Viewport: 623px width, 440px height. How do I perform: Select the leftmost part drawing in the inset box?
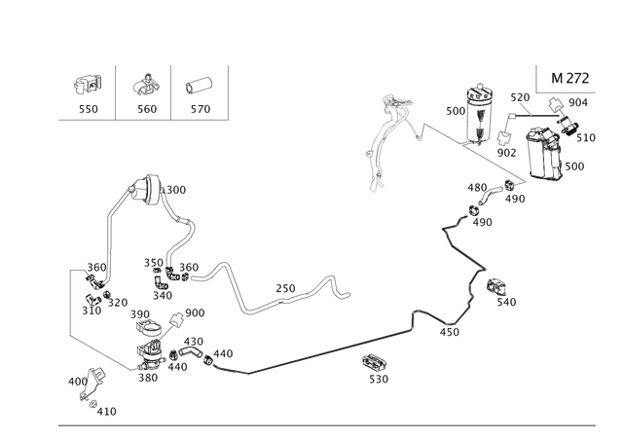pyautogui.click(x=88, y=84)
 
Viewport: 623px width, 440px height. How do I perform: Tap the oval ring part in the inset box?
pyautogui.click(x=199, y=85)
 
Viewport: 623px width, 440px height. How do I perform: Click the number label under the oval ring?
pyautogui.click(x=200, y=109)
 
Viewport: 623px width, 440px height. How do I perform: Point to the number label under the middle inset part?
pyautogui.click(x=145, y=109)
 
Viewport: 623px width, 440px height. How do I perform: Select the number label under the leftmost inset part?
pyautogui.click(x=89, y=109)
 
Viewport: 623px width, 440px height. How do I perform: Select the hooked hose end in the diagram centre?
pyautogui.click(x=341, y=287)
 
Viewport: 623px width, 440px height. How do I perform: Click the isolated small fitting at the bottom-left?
pyautogui.click(x=92, y=385)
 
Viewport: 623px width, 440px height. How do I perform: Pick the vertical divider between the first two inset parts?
pyautogui.click(x=117, y=92)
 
